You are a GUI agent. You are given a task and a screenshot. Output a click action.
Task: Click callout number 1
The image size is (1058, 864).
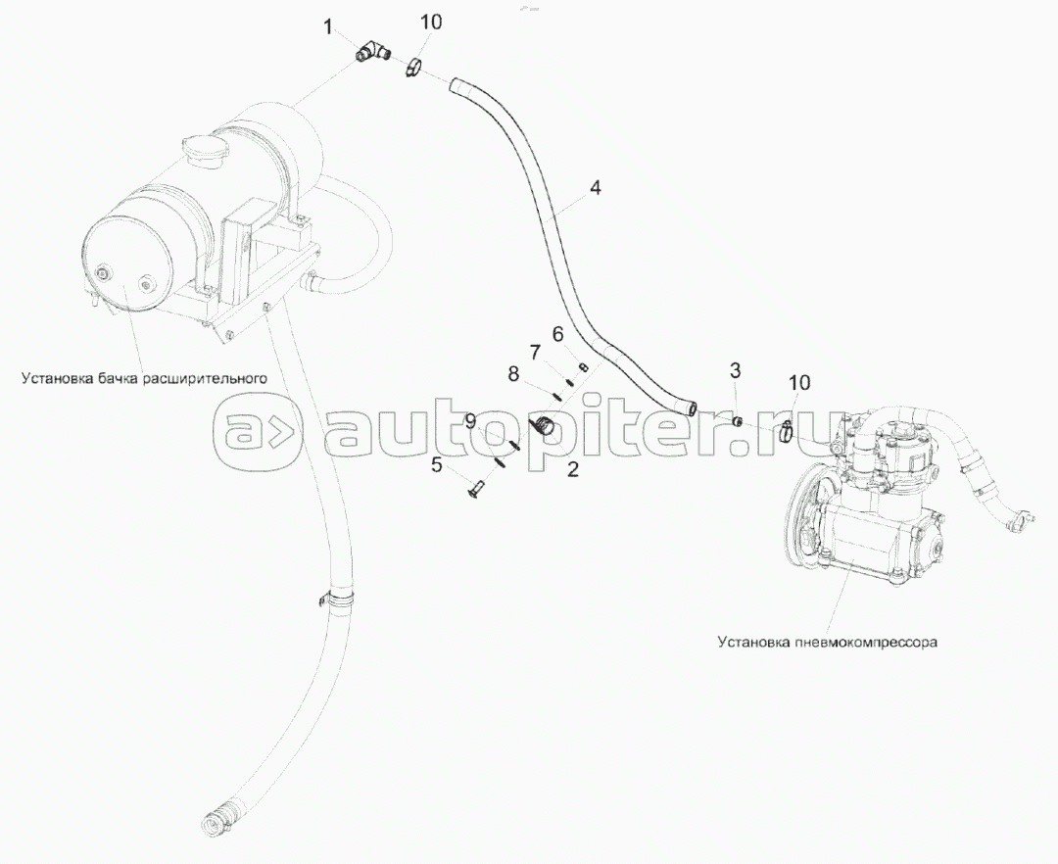(x=328, y=27)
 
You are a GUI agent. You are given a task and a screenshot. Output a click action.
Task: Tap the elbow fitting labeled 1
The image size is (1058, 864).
(x=372, y=51)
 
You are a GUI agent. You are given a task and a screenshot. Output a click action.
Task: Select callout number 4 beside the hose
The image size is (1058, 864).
(x=596, y=187)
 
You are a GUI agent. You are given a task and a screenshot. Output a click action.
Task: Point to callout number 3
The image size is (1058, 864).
(x=735, y=369)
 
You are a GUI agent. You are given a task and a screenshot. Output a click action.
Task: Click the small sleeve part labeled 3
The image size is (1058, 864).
(x=739, y=421)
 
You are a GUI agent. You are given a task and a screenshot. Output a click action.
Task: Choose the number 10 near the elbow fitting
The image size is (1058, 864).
(x=431, y=22)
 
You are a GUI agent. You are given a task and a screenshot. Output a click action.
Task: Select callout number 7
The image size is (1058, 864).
(x=535, y=352)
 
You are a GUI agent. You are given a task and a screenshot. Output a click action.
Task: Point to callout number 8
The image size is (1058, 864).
(x=513, y=373)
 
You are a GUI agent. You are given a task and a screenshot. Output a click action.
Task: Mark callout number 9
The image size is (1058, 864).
(x=470, y=421)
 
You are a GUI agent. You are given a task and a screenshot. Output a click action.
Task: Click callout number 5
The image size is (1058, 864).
(x=437, y=464)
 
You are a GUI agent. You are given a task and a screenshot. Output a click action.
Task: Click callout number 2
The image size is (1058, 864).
(x=572, y=469)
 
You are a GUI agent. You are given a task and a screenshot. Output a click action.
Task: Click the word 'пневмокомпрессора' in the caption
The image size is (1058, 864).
(x=866, y=642)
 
